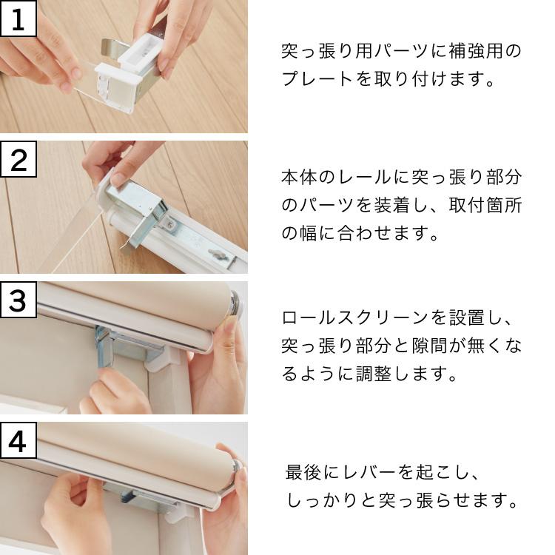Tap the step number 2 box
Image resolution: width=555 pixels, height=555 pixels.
click(x=18, y=159)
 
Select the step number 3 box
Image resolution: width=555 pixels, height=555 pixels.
click(x=18, y=300)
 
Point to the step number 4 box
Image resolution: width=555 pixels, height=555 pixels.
click(x=18, y=441)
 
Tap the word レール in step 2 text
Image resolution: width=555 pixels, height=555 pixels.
click(x=371, y=178)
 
